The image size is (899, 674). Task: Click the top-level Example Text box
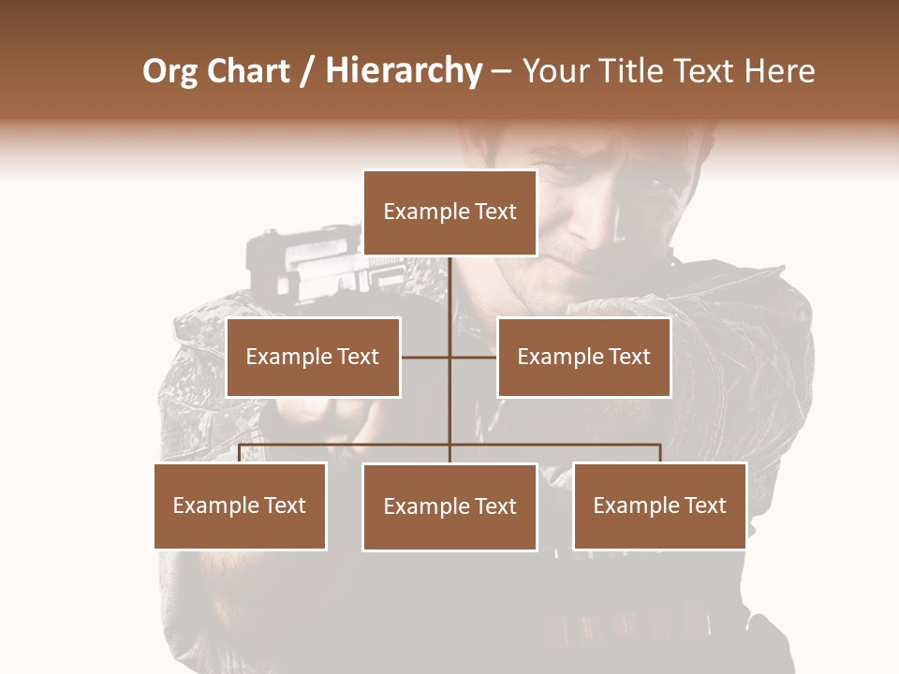(x=449, y=212)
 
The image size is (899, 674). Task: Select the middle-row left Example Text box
(x=313, y=357)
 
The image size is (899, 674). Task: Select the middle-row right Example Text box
(x=583, y=357)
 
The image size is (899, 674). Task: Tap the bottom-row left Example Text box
(x=240, y=505)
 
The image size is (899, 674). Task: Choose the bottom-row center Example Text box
(x=449, y=506)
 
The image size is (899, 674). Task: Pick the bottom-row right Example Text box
(x=659, y=505)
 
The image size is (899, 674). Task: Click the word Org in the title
(x=169, y=72)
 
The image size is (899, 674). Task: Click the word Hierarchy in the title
(x=404, y=72)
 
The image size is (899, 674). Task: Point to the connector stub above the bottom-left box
(x=240, y=453)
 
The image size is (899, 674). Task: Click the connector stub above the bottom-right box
(x=660, y=453)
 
